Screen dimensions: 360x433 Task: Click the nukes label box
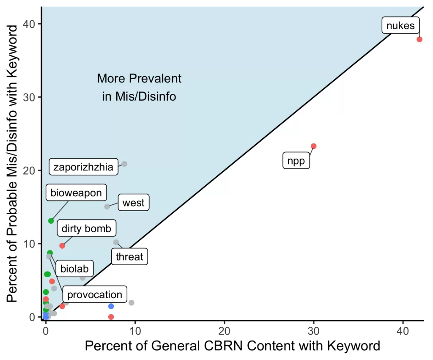point(401,26)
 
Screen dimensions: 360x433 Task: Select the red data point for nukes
point(419,39)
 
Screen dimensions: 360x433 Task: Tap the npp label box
point(296,161)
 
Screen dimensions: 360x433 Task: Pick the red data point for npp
point(314,146)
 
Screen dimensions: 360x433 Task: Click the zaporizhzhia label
point(83,167)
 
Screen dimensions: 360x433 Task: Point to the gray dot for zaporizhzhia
point(124,164)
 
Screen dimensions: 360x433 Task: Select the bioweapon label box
point(76,193)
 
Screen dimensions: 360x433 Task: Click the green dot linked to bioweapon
point(51,221)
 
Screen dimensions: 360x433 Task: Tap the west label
point(133,203)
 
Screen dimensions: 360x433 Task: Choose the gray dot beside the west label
point(107,206)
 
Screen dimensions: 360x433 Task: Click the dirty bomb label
point(86,229)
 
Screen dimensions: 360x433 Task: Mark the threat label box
point(129,256)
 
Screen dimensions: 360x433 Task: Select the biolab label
point(74,268)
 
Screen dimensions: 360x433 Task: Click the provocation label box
point(95,295)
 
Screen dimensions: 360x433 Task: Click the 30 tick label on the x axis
point(313,330)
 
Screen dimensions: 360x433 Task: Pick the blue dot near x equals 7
point(111,306)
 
